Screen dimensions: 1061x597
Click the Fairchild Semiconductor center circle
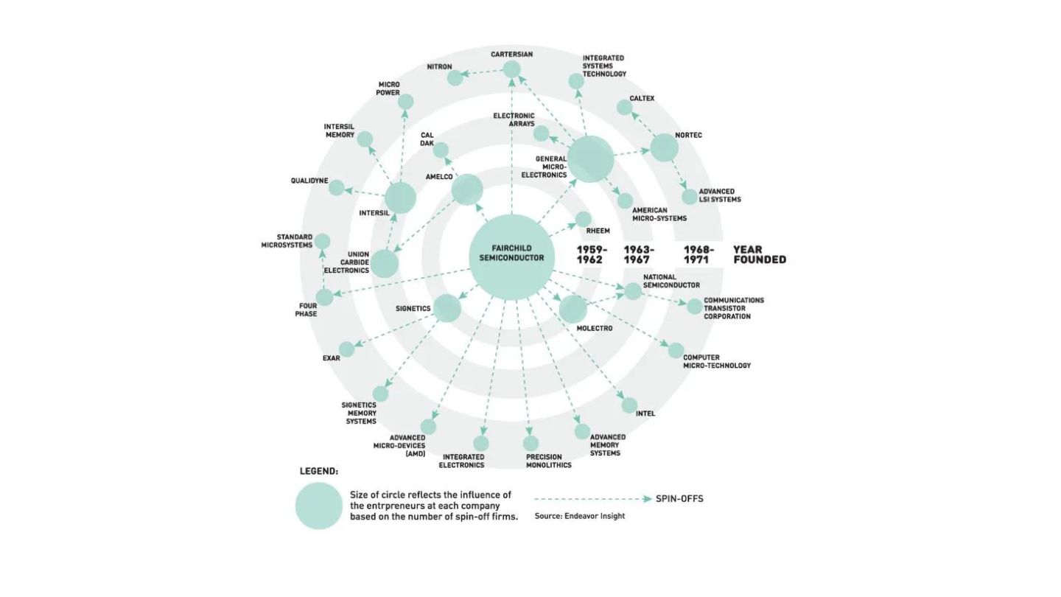point(511,256)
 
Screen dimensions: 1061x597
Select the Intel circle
point(629,405)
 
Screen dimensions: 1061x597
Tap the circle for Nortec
point(664,147)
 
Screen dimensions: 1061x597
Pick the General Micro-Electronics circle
point(591,159)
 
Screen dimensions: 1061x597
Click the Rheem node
point(583,220)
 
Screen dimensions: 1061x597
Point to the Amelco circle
point(467,189)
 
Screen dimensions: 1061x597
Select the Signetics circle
point(447,308)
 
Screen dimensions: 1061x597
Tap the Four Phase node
point(324,298)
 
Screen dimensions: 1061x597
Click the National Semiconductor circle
point(633,291)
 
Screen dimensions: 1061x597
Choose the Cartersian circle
point(511,69)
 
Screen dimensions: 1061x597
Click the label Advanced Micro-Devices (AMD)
point(399,446)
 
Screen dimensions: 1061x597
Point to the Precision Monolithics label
point(548,461)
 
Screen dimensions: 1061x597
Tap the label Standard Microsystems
point(287,241)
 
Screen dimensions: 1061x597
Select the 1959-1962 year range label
point(592,255)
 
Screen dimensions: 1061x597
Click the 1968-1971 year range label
point(698,255)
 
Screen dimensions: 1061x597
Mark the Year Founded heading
point(760,255)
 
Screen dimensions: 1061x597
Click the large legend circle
point(319,506)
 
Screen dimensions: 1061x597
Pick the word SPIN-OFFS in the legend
point(679,499)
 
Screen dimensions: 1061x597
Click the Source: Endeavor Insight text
point(580,516)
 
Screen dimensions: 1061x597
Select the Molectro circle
point(573,309)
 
